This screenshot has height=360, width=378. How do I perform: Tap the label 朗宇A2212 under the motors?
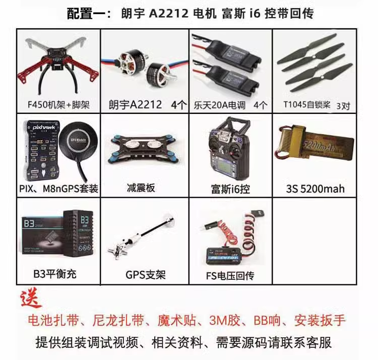(135, 105)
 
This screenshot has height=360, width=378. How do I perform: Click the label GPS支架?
(145, 275)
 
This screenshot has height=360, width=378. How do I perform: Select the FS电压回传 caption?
(230, 275)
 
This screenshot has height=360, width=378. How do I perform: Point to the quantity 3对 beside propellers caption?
(342, 105)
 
